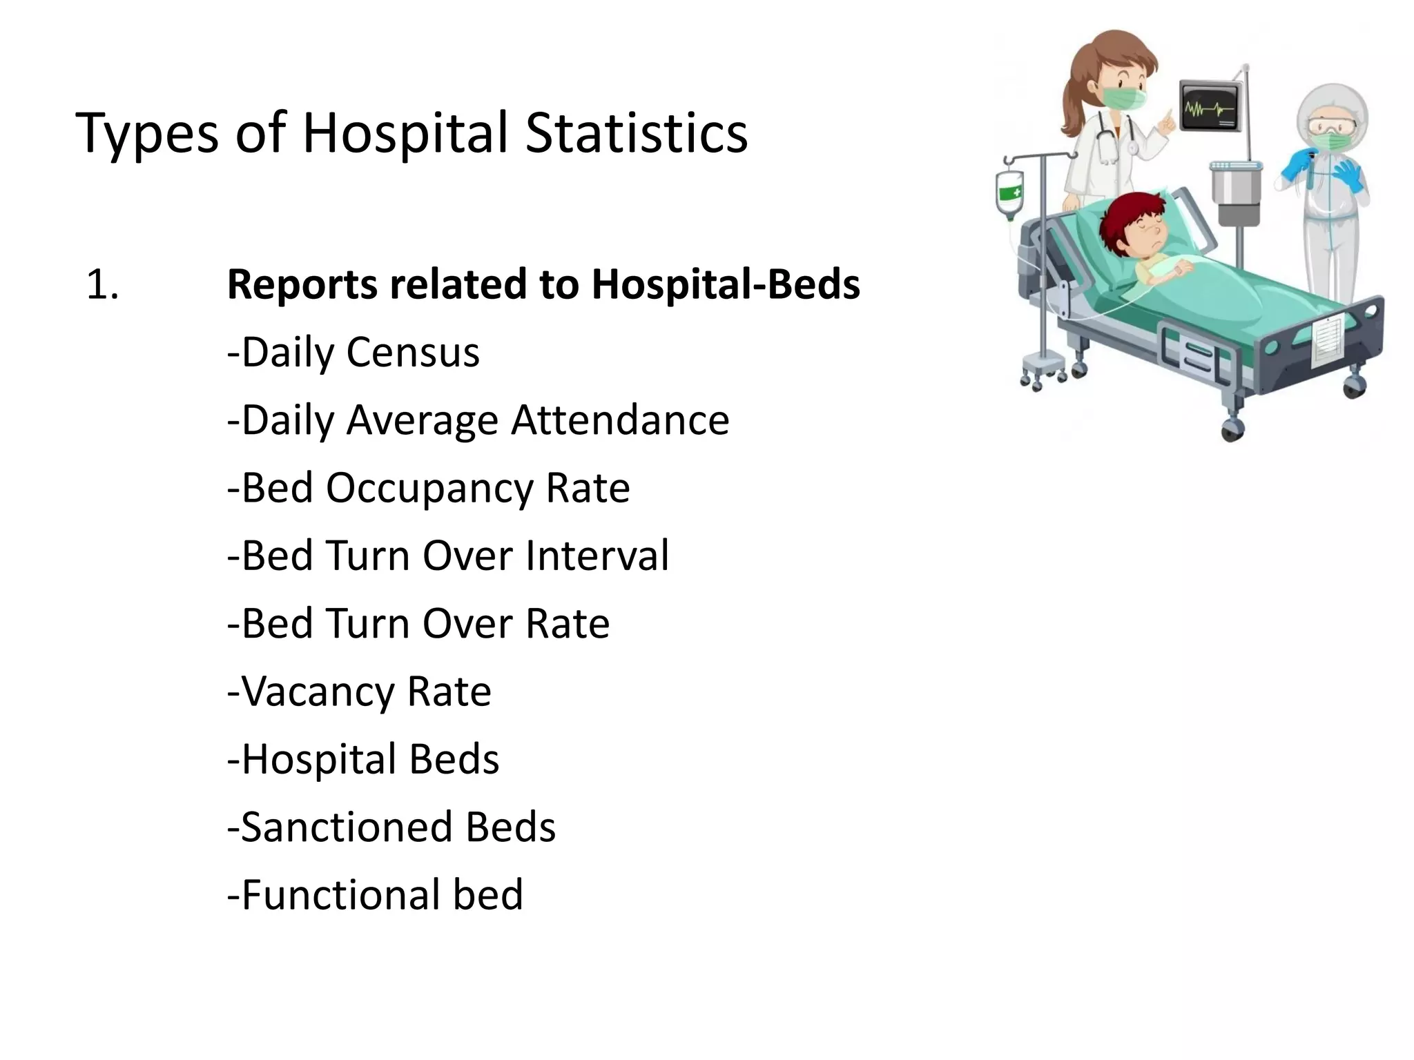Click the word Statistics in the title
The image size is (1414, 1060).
[x=636, y=132]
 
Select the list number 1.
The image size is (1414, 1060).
[x=102, y=285]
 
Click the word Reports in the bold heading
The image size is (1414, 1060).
[x=302, y=285]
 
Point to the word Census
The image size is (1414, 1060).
[x=413, y=353]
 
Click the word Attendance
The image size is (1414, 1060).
[x=620, y=420]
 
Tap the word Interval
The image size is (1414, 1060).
[x=597, y=556]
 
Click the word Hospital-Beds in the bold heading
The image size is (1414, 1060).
[x=726, y=285]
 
